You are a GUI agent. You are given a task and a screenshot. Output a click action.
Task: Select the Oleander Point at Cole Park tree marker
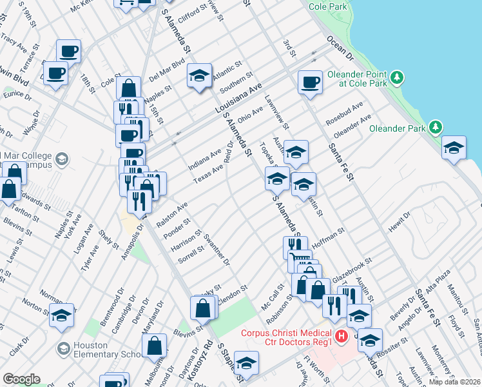tap(398, 78)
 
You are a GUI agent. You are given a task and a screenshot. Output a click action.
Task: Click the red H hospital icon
tap(343, 337)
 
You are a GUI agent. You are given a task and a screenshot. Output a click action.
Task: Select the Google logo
tap(21, 379)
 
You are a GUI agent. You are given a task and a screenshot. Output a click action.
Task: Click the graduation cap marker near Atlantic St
tap(200, 75)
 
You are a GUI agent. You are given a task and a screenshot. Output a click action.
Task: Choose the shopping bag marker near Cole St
tap(129, 89)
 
